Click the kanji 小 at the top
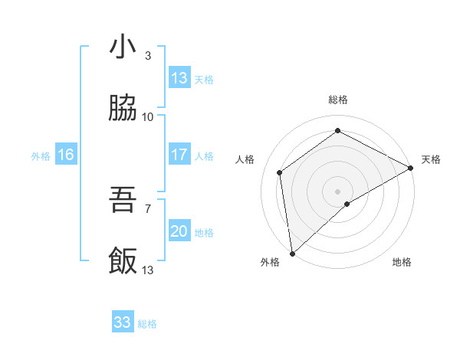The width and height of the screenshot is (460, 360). (x=123, y=47)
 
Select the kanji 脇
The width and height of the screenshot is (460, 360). (x=123, y=109)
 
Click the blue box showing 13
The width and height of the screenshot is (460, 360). (x=179, y=78)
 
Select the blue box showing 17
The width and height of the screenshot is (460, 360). (x=179, y=155)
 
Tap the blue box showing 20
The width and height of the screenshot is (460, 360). (x=179, y=231)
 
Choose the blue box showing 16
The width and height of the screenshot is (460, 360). (x=66, y=155)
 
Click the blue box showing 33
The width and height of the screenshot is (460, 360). (x=123, y=322)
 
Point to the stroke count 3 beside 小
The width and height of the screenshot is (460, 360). (x=148, y=55)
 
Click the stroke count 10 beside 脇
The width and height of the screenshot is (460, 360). (x=148, y=116)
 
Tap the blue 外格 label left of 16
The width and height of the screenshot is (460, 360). (x=41, y=155)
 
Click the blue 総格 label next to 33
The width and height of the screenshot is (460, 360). (x=147, y=323)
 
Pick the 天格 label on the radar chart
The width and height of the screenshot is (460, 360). (x=431, y=159)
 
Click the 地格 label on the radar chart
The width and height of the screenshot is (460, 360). (x=402, y=262)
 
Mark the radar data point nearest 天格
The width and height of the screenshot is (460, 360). (x=411, y=168)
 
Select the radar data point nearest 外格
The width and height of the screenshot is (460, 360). (x=292, y=253)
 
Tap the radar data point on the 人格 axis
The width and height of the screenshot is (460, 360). (x=280, y=172)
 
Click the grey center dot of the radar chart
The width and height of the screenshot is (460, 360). (x=337, y=191)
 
